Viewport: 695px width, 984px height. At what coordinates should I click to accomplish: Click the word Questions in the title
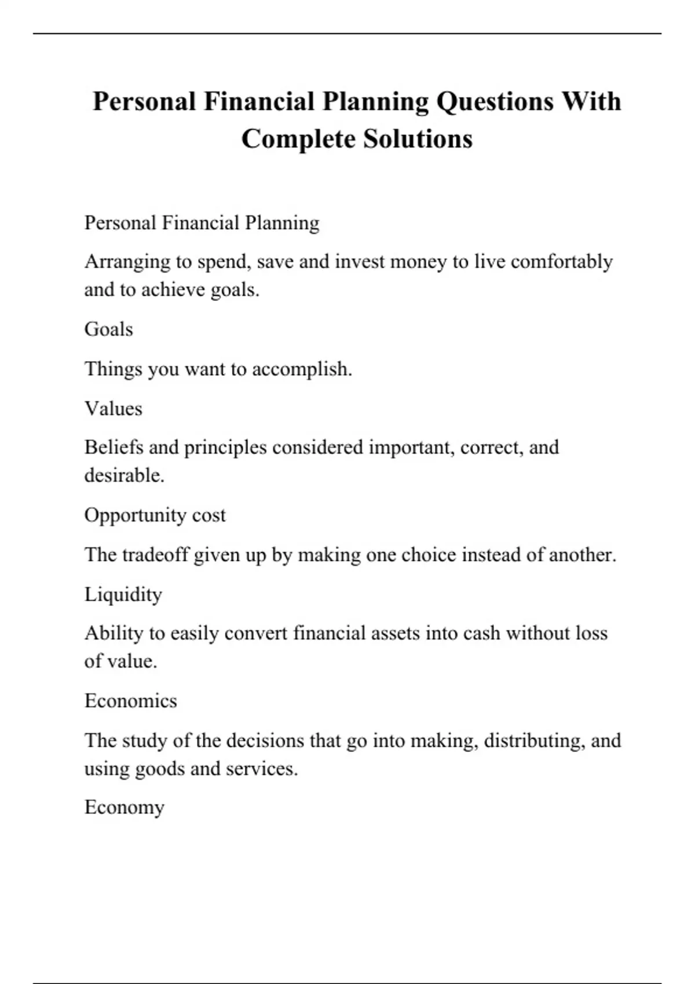coord(495,102)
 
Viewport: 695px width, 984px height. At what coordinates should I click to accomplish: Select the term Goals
coord(109,329)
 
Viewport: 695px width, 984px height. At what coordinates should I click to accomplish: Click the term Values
coord(114,409)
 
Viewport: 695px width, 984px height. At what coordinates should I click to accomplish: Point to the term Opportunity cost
coord(155,515)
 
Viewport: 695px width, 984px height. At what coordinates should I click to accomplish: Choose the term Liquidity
coord(123,594)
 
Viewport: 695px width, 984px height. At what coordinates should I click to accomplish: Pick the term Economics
coord(131,701)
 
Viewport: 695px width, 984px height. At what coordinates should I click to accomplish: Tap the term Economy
coord(125,807)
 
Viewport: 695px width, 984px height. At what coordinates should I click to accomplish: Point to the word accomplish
coord(302,369)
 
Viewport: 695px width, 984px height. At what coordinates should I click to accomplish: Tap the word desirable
coord(125,476)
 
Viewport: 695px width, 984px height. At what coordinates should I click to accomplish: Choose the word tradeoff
coord(155,555)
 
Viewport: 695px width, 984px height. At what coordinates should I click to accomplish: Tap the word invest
coord(360,262)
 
